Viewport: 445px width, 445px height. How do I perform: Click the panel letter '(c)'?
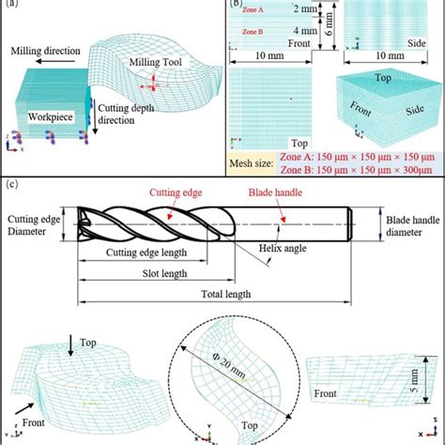click(9, 185)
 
